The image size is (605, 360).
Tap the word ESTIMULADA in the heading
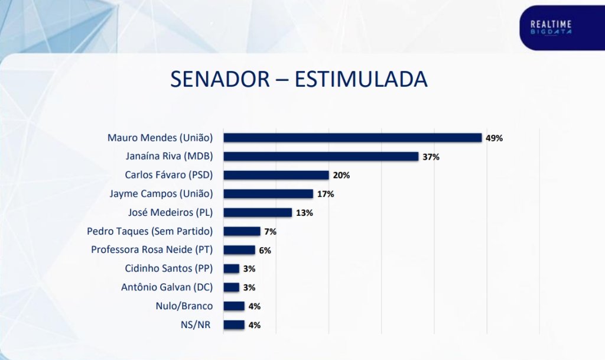[361, 79]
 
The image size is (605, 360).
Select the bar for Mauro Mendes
[352, 138]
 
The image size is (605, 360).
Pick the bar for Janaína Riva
[321, 157]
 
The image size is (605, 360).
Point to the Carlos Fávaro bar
[276, 175]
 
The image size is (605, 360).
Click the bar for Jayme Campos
[268, 194]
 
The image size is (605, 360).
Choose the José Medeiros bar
[258, 212]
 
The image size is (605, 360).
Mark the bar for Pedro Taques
[242, 231]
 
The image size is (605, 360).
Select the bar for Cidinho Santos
[232, 268]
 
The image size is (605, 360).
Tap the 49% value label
[494, 138]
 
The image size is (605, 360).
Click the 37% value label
[431, 157]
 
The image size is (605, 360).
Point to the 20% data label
[341, 176]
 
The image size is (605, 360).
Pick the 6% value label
[265, 251]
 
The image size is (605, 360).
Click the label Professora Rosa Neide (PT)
[152, 249]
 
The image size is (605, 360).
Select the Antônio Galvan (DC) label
[168, 287]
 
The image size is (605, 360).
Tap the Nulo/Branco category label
[184, 306]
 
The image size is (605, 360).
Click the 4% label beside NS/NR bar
[255, 325]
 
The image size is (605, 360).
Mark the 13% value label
[305, 213]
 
